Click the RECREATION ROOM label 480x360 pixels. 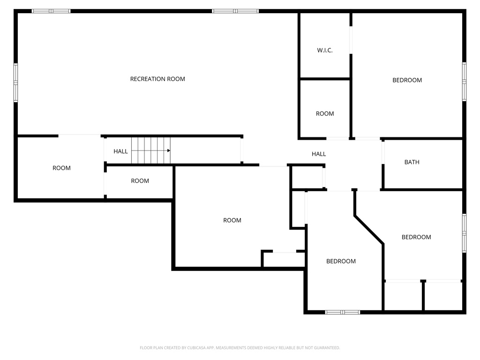157,79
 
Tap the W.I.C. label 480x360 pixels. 325,50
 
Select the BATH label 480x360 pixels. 412,162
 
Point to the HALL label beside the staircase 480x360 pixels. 120,151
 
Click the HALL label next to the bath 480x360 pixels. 319,154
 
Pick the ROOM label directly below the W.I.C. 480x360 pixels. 325,113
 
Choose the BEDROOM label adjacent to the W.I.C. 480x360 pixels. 407,80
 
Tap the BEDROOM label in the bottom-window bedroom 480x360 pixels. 341,261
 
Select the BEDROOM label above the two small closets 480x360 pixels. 416,237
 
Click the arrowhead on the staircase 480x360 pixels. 168,150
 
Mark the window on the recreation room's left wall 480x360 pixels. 15,83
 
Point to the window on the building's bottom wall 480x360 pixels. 342,312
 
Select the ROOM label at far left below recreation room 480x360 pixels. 61,168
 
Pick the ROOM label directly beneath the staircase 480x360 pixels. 140,181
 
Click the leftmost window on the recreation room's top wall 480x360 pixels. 51,11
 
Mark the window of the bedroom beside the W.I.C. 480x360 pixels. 464,82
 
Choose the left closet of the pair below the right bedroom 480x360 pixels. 403,296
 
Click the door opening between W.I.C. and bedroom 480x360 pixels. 351,40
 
